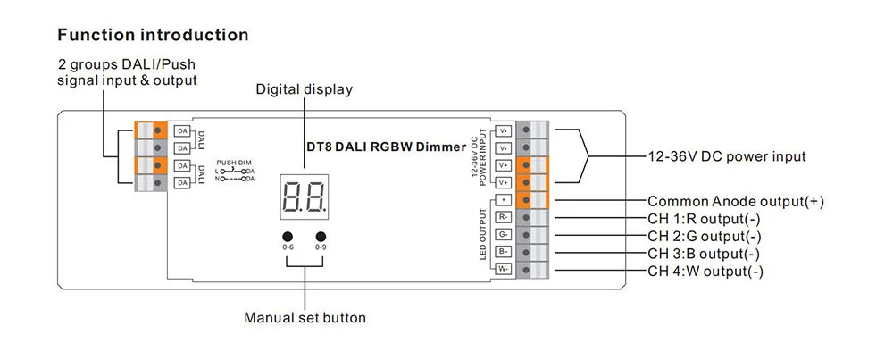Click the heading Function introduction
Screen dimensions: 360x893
(153, 36)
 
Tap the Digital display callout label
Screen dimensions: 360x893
(305, 89)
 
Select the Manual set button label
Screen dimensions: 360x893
(305, 317)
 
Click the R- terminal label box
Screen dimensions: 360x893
(504, 217)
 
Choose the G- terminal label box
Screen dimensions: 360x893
(504, 234)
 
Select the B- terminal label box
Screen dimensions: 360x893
(504, 252)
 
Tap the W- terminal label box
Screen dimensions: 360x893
(504, 269)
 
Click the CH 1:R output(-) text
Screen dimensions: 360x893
(705, 219)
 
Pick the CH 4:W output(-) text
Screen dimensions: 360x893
(705, 271)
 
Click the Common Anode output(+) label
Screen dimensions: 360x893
(735, 201)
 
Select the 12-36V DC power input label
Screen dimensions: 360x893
(727, 155)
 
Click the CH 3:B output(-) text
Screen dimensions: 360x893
(705, 254)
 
